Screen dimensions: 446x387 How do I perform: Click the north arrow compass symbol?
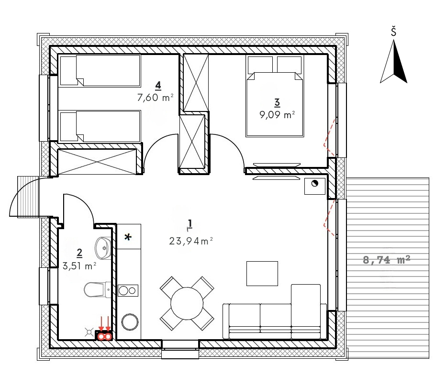pos(394,61)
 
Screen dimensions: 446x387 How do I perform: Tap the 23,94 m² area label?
pos(191,241)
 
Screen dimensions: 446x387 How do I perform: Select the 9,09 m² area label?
pos(277,115)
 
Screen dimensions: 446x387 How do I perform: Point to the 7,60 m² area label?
pos(156,98)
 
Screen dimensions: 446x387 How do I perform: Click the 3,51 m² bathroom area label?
pos(79,266)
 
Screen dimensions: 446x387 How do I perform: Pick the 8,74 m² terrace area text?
pos(387,260)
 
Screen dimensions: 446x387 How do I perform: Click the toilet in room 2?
pos(97,290)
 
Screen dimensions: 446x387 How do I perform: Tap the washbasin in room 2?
pos(103,248)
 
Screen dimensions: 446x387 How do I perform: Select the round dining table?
pos(187,303)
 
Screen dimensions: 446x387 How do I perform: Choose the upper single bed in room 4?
pos(100,71)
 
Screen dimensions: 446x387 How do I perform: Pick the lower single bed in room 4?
pos(100,126)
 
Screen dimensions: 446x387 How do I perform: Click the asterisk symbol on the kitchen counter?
pos(128,237)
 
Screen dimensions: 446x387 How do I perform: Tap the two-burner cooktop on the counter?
pos(128,290)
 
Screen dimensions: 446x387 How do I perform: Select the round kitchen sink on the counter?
pos(130,322)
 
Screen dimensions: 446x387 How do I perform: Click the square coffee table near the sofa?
pos(262,274)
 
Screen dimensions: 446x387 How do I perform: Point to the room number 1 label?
pos(190,224)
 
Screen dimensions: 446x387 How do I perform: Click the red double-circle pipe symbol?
pos(104,337)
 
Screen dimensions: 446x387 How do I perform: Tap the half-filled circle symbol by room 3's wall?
pos(314,183)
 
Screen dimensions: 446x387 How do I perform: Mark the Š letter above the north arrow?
pos(393,31)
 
